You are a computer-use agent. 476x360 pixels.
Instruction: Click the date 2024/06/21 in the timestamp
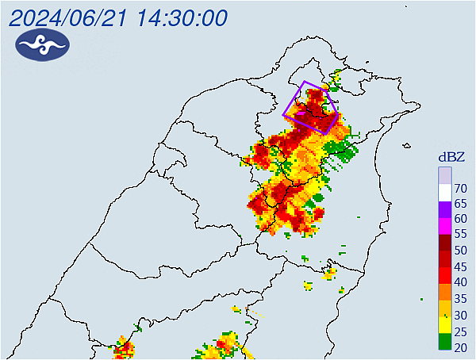71,17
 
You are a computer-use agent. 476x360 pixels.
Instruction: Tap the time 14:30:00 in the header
182,17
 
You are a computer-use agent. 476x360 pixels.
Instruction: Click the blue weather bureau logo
42,47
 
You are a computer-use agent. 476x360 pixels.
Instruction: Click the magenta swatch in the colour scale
445,226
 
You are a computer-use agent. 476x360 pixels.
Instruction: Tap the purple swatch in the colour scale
445,209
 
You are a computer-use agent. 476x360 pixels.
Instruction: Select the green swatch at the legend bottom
445,341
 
